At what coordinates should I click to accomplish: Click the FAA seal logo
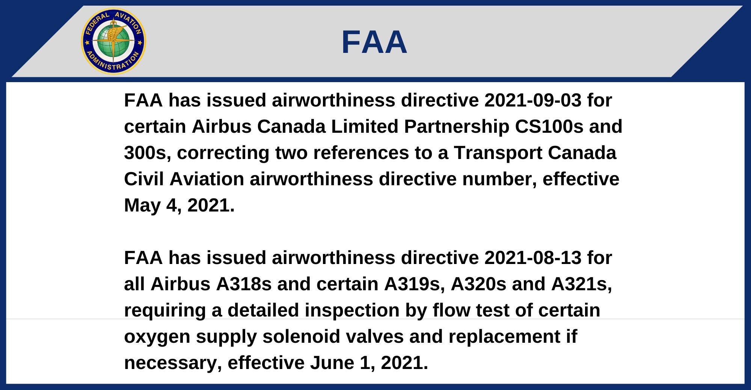point(113,41)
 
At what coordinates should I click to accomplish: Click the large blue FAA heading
point(374,42)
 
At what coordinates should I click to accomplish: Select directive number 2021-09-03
point(533,100)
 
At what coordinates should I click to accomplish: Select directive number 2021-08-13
point(533,258)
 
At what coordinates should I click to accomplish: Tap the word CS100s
point(549,127)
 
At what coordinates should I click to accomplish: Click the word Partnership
point(457,127)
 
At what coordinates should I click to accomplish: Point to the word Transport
point(498,153)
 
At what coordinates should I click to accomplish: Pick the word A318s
point(244,284)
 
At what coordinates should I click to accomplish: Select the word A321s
point(582,285)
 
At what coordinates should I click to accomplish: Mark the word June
point(332,363)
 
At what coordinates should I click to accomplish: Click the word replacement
point(504,337)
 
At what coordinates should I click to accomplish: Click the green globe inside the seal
point(113,41)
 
